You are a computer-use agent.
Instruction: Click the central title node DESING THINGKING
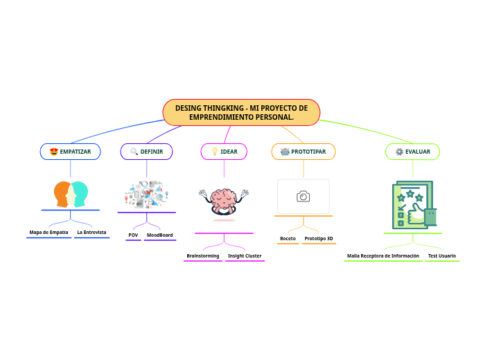click(241, 112)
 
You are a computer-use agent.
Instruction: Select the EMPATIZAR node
click(71, 152)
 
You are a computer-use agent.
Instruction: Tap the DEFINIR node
click(147, 152)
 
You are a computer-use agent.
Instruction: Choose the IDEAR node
click(224, 152)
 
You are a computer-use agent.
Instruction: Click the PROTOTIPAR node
click(304, 152)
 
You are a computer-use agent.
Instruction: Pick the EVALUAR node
click(412, 152)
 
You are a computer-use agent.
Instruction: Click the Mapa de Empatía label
click(49, 232)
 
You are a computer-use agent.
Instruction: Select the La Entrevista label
click(92, 232)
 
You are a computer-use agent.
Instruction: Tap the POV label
click(133, 235)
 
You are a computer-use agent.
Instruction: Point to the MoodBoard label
click(160, 235)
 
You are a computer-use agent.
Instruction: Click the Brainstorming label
click(203, 255)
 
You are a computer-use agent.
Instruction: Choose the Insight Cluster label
click(245, 255)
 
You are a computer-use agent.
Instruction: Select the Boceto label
click(288, 238)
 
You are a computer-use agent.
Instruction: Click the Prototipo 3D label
click(319, 238)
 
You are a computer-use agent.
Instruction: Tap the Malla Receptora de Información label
click(383, 255)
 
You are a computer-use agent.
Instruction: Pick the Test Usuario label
click(442, 255)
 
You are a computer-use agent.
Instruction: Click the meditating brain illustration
click(224, 202)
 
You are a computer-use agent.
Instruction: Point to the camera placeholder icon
click(304, 197)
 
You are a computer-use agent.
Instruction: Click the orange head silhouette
click(63, 194)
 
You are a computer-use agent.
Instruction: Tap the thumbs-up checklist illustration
click(413, 205)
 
